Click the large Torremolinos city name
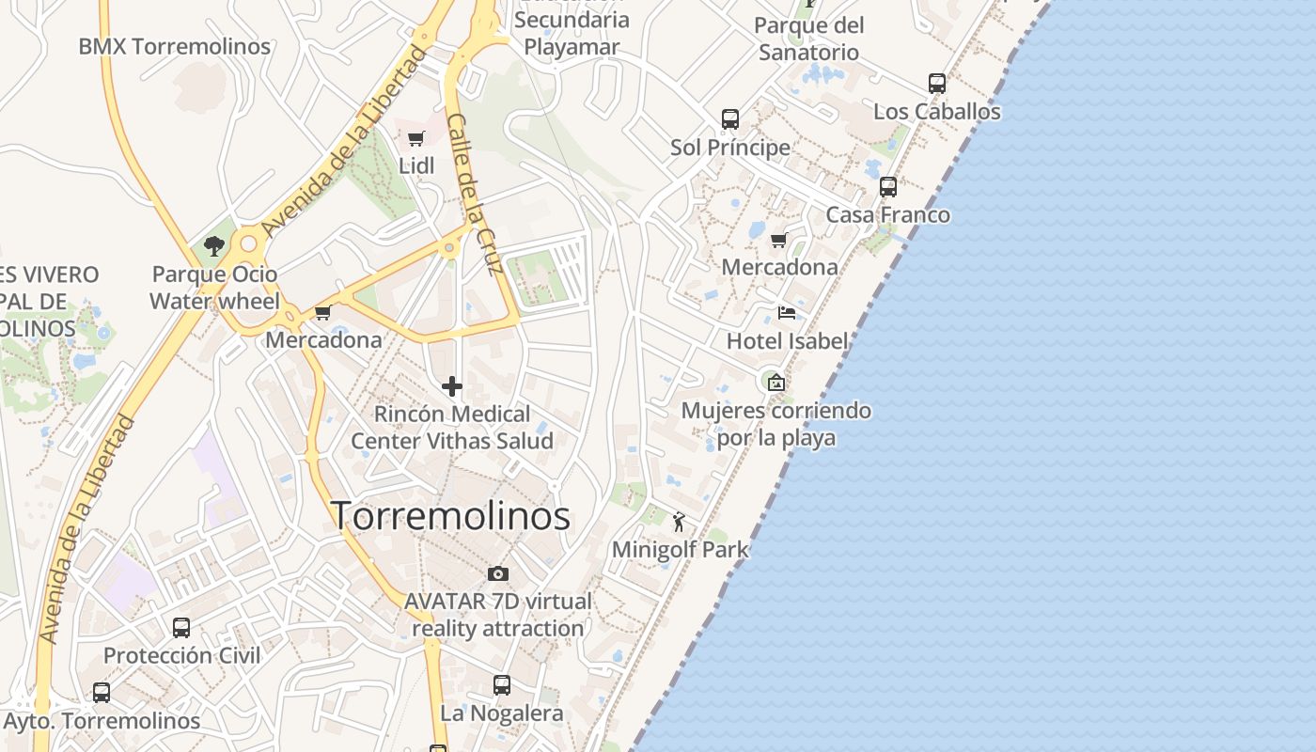tap(450, 516)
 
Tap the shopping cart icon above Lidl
tap(415, 139)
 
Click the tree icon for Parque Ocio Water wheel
tap(214, 247)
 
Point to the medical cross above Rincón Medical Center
tap(452, 386)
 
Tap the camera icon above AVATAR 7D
tap(498, 573)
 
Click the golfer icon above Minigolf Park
tap(680, 521)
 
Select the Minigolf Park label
tap(680, 549)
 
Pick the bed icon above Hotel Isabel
tap(787, 313)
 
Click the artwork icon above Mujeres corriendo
tap(775, 383)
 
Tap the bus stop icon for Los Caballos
tap(937, 84)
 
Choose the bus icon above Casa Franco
tap(888, 187)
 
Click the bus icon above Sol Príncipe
tap(730, 119)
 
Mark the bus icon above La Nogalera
tap(502, 685)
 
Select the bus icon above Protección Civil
tap(181, 627)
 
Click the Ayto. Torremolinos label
tap(102, 721)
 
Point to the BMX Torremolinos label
tap(174, 46)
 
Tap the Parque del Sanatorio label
tap(808, 39)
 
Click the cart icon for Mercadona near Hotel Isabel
tap(778, 241)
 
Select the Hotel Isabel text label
tap(787, 340)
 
